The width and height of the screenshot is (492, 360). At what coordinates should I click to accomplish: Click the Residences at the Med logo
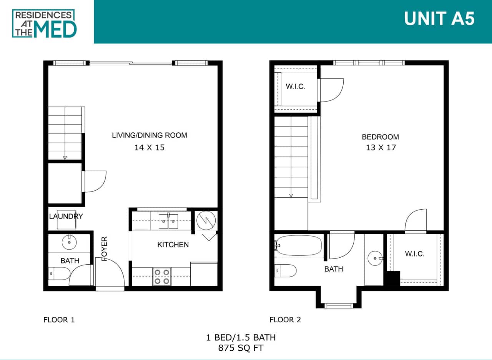[45, 23]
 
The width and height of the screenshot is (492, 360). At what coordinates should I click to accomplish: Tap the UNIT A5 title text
[439, 19]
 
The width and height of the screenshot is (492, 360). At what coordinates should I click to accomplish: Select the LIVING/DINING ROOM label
[150, 135]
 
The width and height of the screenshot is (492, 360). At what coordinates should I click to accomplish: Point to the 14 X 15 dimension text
[150, 147]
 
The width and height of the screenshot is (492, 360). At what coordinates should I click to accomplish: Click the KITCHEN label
[173, 245]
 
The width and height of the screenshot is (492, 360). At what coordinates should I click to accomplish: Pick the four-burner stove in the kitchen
[161, 277]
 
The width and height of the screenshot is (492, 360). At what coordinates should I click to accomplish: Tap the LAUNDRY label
[66, 216]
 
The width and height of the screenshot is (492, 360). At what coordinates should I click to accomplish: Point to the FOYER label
[104, 249]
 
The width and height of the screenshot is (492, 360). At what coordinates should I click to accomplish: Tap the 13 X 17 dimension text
[381, 147]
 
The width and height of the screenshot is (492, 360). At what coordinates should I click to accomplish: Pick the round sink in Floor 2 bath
[375, 257]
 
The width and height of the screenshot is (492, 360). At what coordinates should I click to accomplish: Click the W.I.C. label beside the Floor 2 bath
[414, 254]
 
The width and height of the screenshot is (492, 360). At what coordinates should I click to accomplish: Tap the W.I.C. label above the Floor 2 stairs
[295, 87]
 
